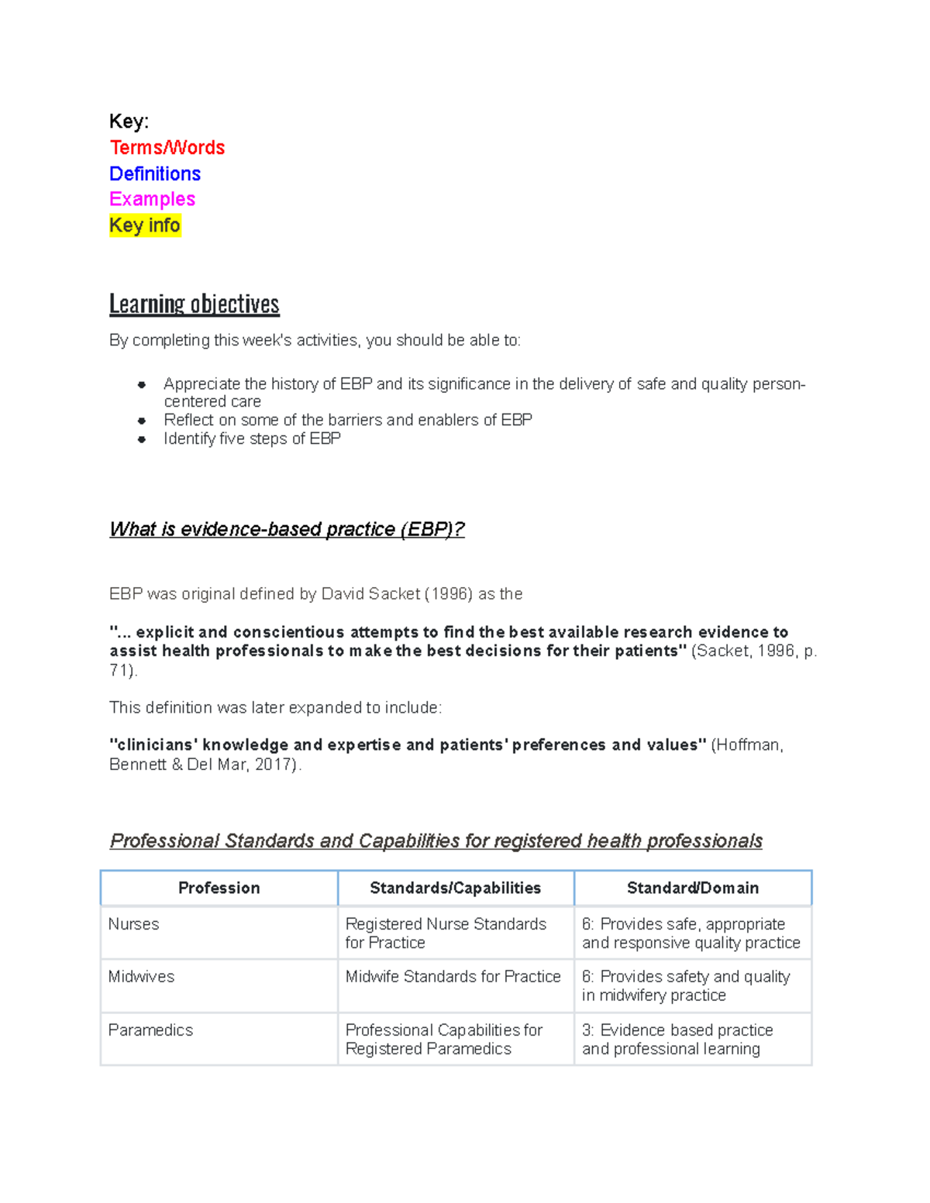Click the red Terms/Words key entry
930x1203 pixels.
pyautogui.click(x=167, y=147)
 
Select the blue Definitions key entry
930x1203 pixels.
pyautogui.click(x=155, y=174)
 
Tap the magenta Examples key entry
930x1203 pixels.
pyautogui.click(x=152, y=199)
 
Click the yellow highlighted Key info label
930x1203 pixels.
pyautogui.click(x=145, y=225)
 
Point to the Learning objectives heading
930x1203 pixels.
pyautogui.click(x=194, y=304)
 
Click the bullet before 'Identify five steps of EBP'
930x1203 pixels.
pyautogui.click(x=142, y=439)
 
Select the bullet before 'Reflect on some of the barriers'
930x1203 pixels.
pyautogui.click(x=142, y=421)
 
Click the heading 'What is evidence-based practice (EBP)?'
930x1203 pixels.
pyautogui.click(x=287, y=529)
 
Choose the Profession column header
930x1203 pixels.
pyautogui.click(x=219, y=888)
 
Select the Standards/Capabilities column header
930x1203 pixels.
pyautogui.click(x=455, y=888)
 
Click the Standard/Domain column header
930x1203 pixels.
pyautogui.click(x=692, y=888)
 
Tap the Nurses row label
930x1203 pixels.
pyautogui.click(x=134, y=924)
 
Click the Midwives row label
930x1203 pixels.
pyautogui.click(x=141, y=977)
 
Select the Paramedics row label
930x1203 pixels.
pyautogui.click(x=150, y=1030)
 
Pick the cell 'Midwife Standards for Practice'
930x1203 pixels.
pyautogui.click(x=453, y=977)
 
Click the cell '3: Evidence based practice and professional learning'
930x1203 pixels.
pyautogui.click(x=677, y=1040)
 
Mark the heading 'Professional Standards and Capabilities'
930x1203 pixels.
pyautogui.click(x=436, y=840)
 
